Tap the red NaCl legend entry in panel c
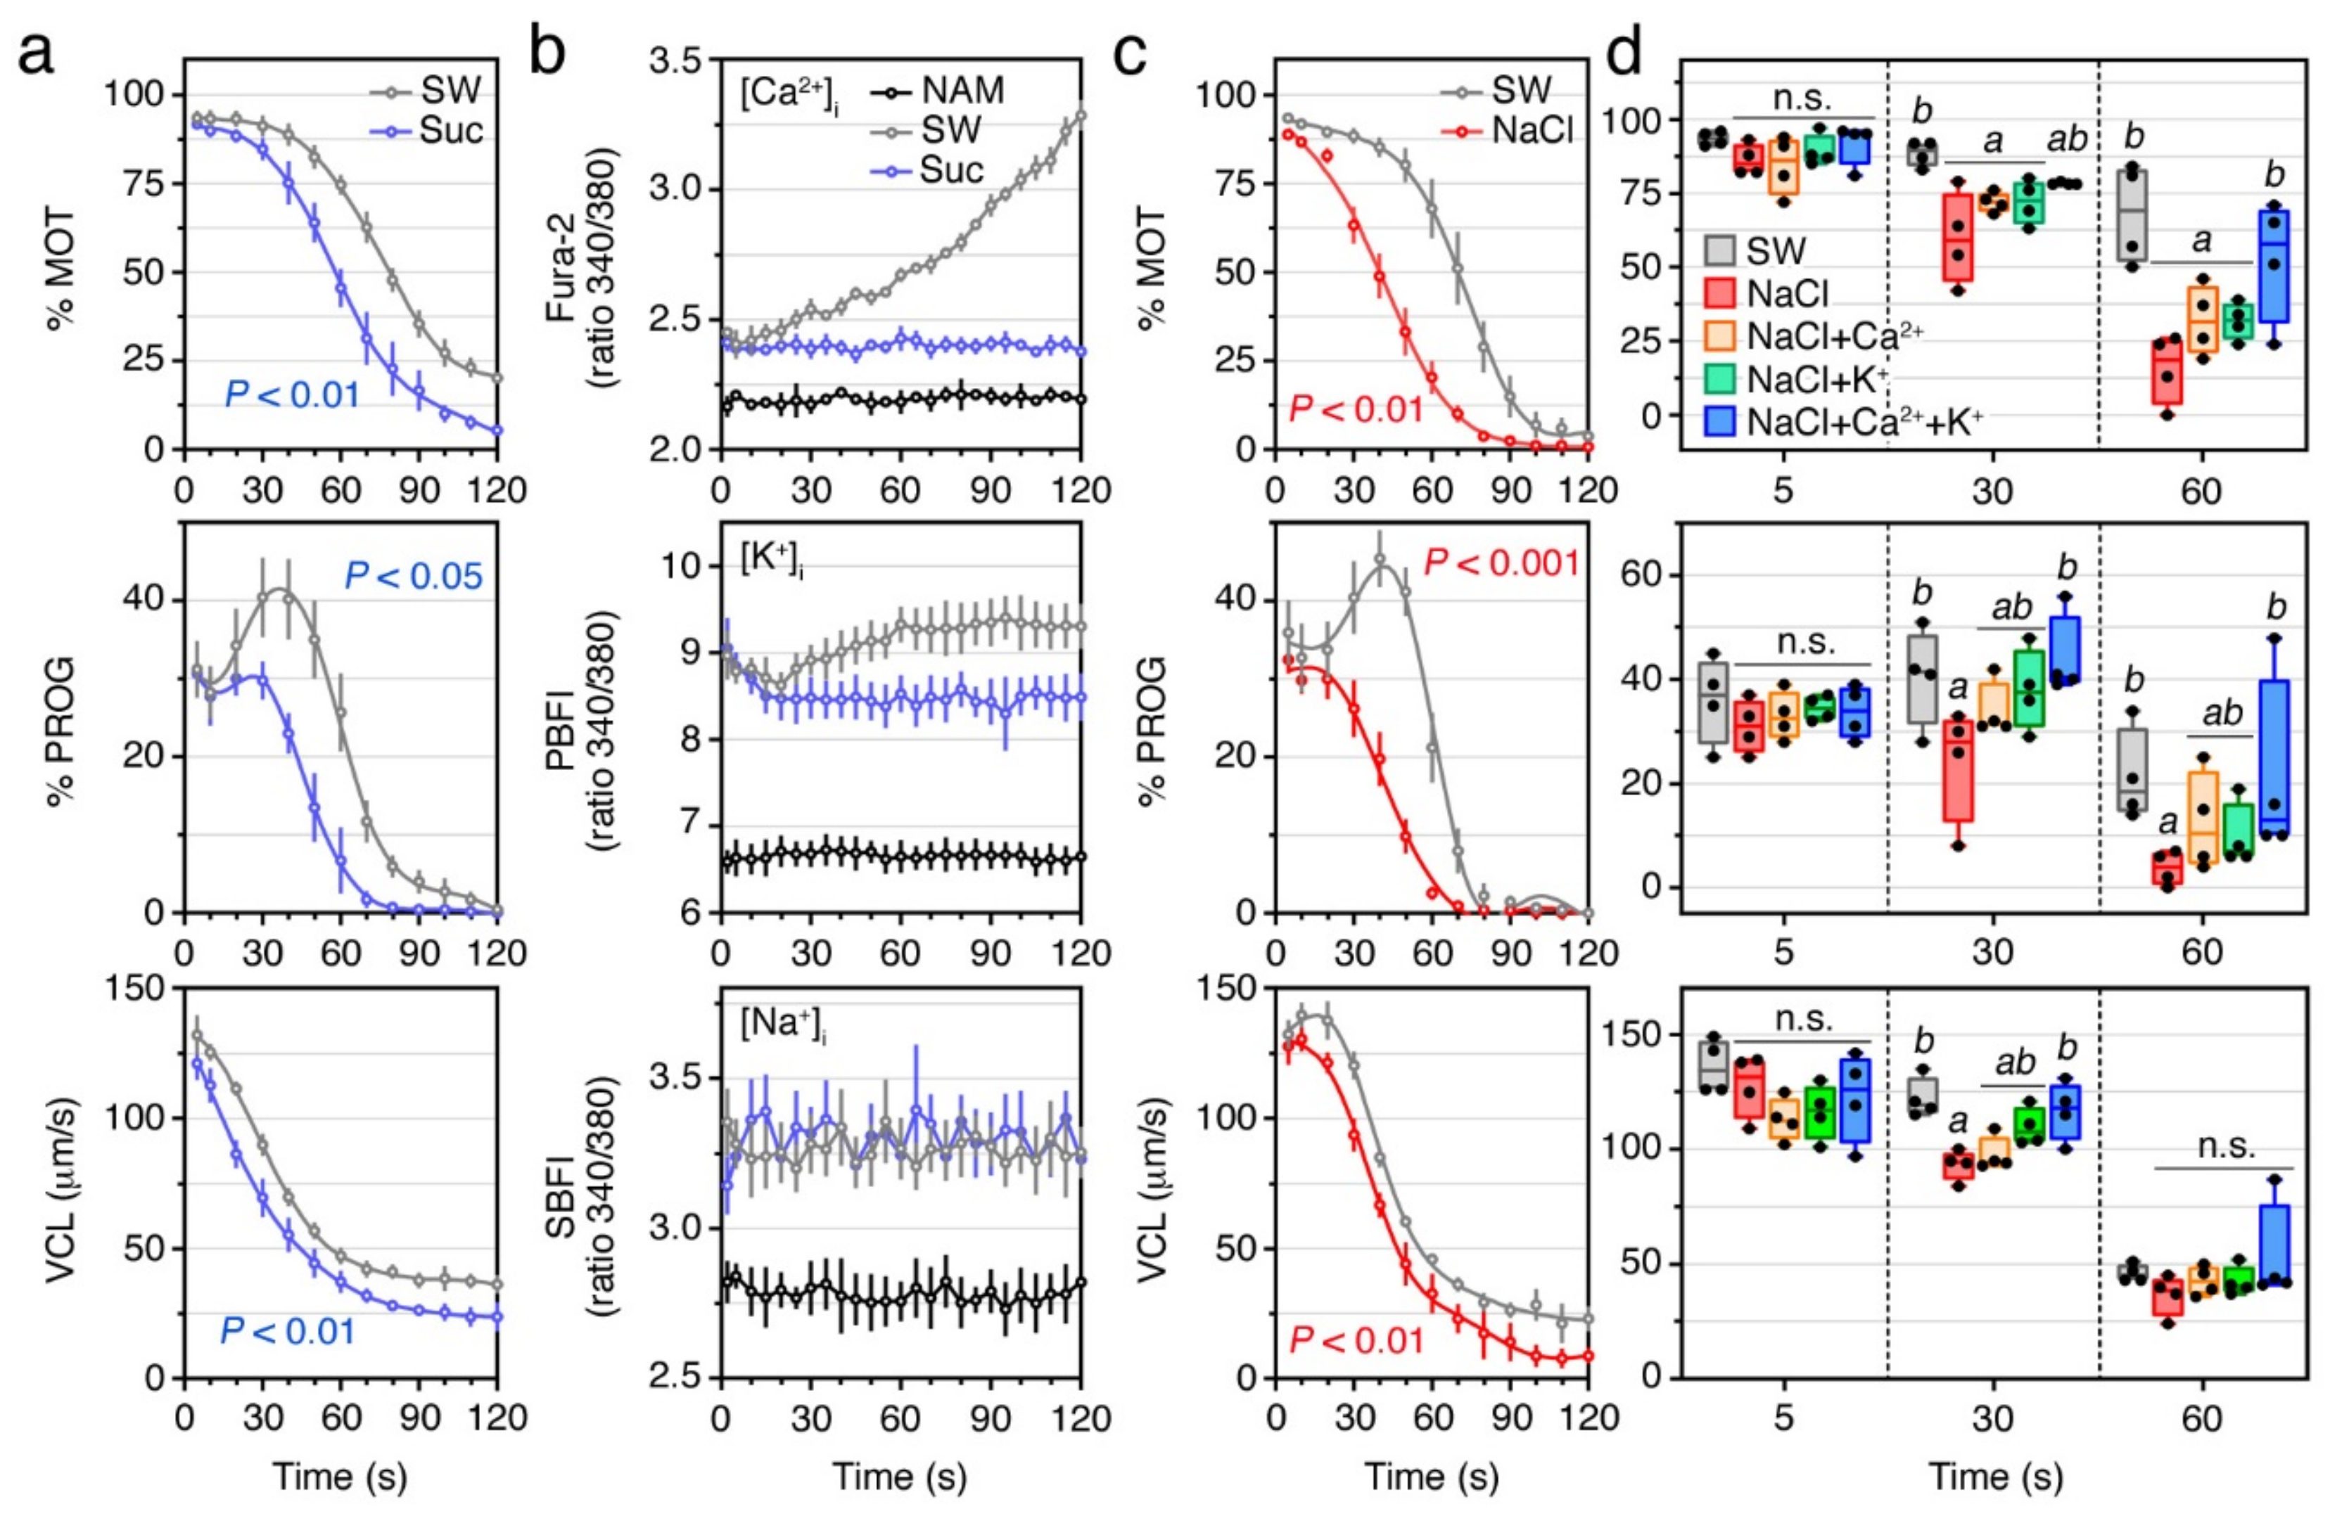[x=1532, y=130]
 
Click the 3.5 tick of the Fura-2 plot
[x=680, y=60]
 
